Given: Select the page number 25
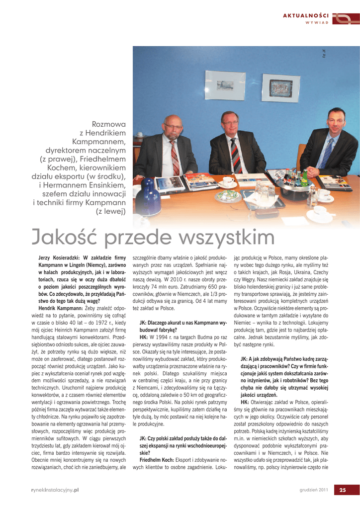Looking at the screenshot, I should [x=342, y=490].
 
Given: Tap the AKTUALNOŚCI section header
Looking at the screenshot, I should [x=306, y=16].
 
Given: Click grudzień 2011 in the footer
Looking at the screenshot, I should [x=313, y=490].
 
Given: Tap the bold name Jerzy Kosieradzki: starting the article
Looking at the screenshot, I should [x=60, y=257].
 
